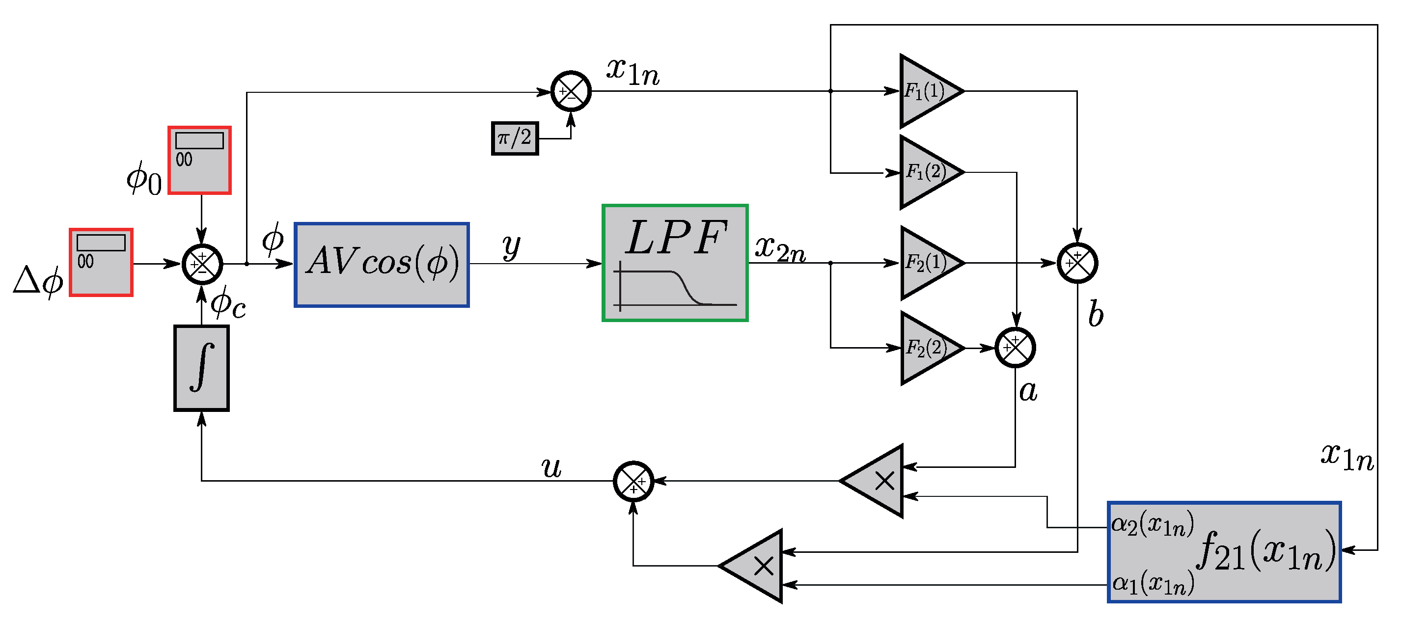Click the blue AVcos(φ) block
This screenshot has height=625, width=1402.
[381, 265]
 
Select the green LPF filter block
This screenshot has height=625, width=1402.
[674, 263]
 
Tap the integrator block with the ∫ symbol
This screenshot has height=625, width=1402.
[201, 368]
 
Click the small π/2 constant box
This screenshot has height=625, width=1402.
[514, 138]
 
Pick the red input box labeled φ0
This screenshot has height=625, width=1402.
[199, 160]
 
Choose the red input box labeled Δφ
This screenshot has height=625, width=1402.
[101, 262]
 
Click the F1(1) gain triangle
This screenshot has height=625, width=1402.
[926, 91]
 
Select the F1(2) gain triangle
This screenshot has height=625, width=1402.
[926, 172]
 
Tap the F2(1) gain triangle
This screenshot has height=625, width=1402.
[926, 263]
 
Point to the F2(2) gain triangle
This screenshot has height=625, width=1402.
[926, 348]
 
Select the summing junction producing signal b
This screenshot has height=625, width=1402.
[1077, 263]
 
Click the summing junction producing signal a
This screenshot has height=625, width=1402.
[1015, 348]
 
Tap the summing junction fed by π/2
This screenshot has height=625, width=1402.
[571, 91]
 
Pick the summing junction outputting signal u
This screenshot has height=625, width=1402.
[633, 481]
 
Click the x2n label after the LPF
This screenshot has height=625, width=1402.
[779, 249]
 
